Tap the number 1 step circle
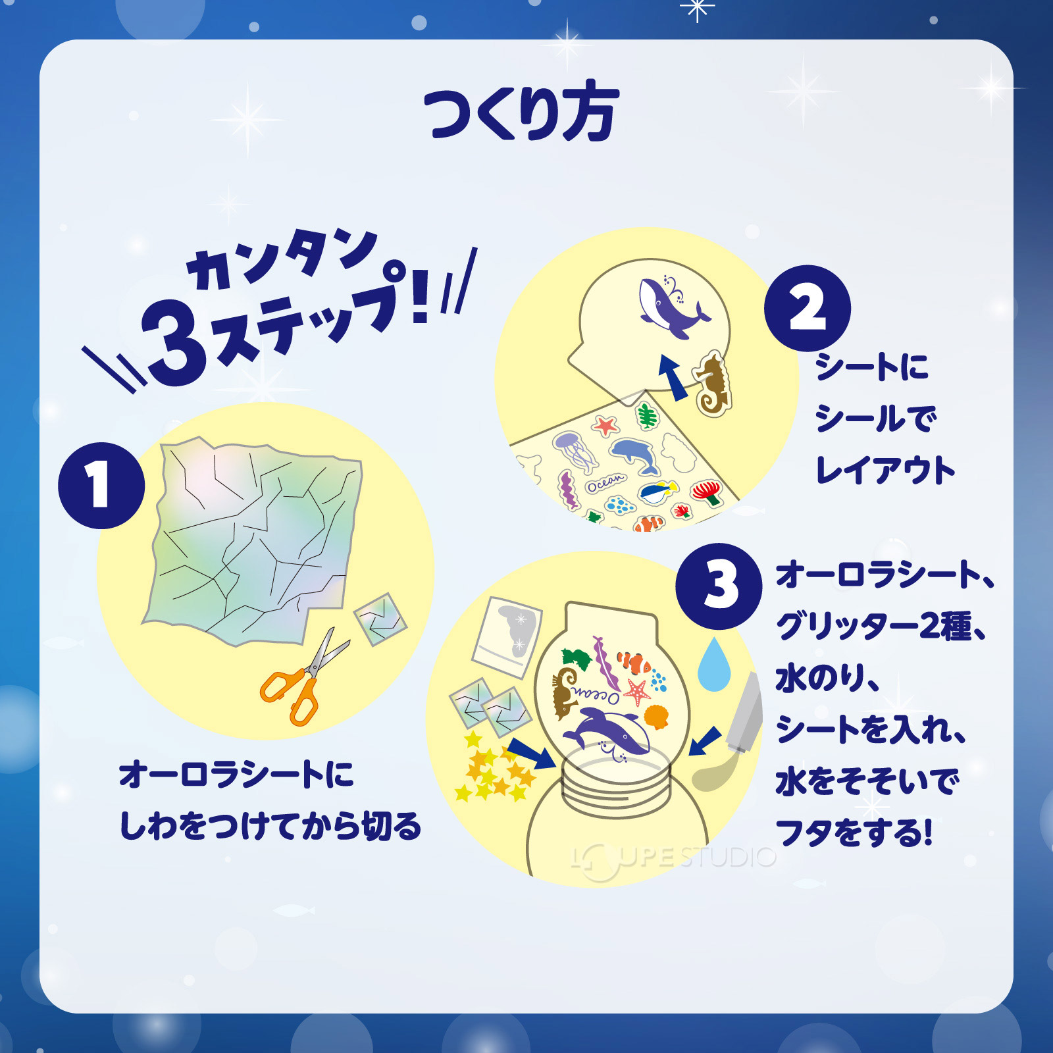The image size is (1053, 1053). (101, 485)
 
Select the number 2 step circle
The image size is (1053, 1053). (807, 308)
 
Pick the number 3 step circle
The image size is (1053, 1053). (719, 585)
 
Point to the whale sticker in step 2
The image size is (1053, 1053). (671, 306)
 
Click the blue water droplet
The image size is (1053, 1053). (714, 665)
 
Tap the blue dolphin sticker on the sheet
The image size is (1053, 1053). (636, 455)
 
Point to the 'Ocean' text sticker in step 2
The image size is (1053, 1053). (605, 483)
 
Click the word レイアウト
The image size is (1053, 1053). (885, 471)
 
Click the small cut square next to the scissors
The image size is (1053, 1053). (380, 619)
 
